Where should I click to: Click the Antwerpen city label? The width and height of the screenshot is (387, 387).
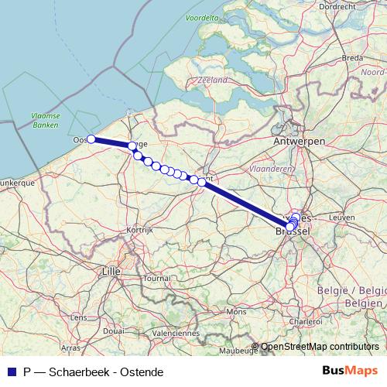tap(298, 142)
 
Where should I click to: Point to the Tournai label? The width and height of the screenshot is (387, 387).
tap(156, 277)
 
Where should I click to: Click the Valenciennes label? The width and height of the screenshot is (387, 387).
tap(176, 333)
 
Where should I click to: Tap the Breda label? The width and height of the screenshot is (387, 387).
tap(352, 57)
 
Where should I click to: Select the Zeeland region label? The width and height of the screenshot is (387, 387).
tap(212, 80)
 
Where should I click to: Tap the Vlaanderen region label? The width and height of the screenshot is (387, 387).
tap(275, 167)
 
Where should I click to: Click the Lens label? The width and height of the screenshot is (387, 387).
tap(77, 317)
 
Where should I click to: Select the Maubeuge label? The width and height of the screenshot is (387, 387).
tap(237, 351)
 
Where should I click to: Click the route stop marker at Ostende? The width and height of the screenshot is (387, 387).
tap(91, 139)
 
